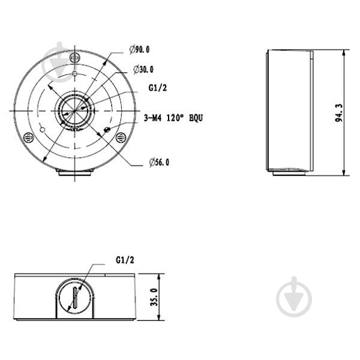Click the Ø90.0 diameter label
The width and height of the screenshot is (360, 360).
click(x=139, y=49)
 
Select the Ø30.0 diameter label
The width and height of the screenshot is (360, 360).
click(x=143, y=70)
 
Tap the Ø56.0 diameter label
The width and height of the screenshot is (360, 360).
click(x=159, y=163)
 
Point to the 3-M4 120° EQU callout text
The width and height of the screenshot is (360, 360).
click(x=173, y=118)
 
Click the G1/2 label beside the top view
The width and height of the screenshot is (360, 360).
click(x=158, y=88)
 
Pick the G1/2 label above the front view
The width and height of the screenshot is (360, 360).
click(x=125, y=260)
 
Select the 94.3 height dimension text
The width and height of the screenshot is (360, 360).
click(x=339, y=113)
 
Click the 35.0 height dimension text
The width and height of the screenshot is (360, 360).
click(x=154, y=297)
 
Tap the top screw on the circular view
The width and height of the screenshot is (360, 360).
click(x=75, y=58)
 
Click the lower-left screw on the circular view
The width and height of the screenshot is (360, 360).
click(x=29, y=138)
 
